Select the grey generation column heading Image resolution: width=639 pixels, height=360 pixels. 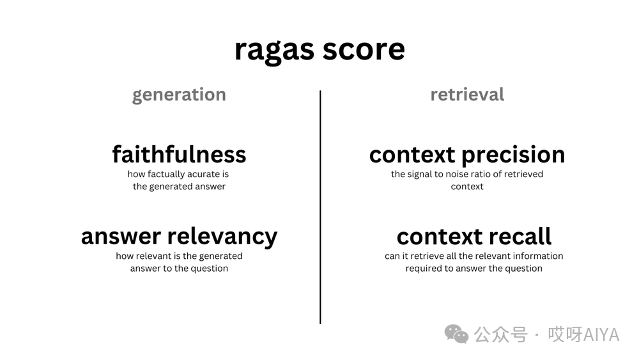click(x=179, y=95)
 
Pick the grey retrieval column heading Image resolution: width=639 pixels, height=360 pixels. click(x=467, y=95)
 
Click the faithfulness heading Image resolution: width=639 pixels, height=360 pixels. click(x=179, y=154)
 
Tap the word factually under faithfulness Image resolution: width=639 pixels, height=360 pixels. click(x=168, y=174)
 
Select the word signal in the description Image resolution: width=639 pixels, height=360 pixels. click(x=422, y=174)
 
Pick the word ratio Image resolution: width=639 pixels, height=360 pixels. click(x=486, y=174)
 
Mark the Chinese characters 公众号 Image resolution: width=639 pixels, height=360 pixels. click(x=500, y=334)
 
